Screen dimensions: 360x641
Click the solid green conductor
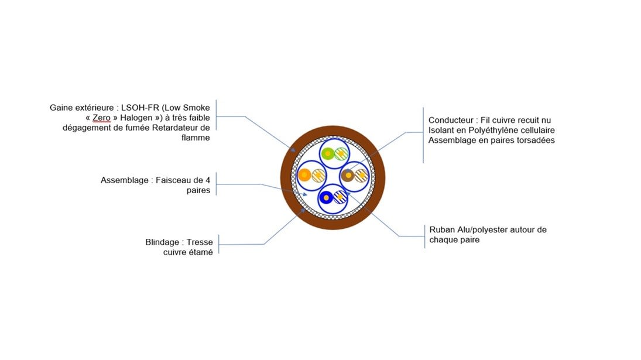click(327, 154)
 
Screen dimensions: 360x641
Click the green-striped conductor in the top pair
click(341, 154)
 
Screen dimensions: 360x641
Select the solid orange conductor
click(304, 174)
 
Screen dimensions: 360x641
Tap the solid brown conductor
click(348, 174)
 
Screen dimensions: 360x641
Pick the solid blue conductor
click(326, 197)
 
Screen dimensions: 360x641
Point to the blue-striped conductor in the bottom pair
click(340, 197)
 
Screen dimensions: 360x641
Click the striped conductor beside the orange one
click(318, 174)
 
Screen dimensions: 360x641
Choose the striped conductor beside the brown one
click(361, 174)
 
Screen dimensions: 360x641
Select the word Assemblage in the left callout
click(124, 180)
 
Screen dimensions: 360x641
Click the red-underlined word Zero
click(101, 118)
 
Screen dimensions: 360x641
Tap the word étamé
click(200, 252)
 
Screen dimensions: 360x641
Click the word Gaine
click(61, 108)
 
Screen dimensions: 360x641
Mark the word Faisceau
click(173, 180)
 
